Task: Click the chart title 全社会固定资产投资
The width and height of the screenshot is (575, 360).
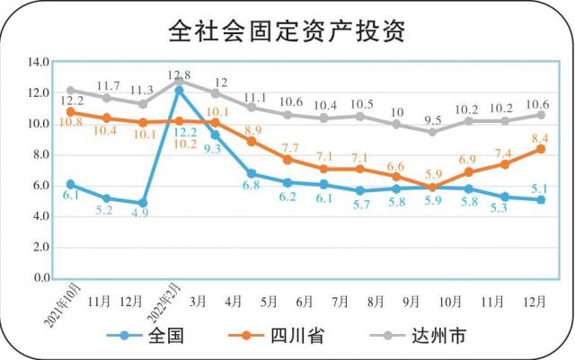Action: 287,31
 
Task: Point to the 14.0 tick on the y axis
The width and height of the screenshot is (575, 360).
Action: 38,62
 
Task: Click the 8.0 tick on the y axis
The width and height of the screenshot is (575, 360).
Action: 38,154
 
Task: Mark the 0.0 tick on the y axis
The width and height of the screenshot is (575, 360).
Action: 38,278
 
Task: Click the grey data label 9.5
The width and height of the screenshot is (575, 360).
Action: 432,119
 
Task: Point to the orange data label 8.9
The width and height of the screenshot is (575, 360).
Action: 253,131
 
